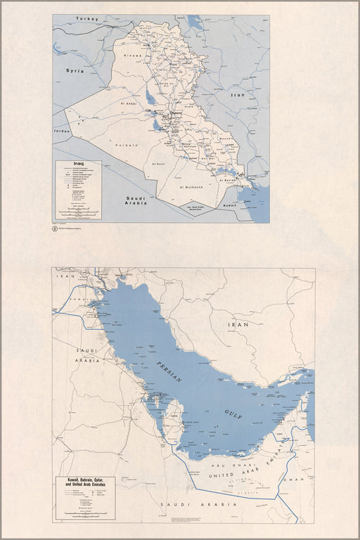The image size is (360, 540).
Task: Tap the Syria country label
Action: [x=75, y=71]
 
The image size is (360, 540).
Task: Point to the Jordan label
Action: [x=62, y=131]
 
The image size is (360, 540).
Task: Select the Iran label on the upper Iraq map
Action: [x=238, y=94]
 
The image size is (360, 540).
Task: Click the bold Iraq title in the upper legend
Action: [x=69, y=165]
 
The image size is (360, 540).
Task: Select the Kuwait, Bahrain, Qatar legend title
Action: [x=86, y=482]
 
